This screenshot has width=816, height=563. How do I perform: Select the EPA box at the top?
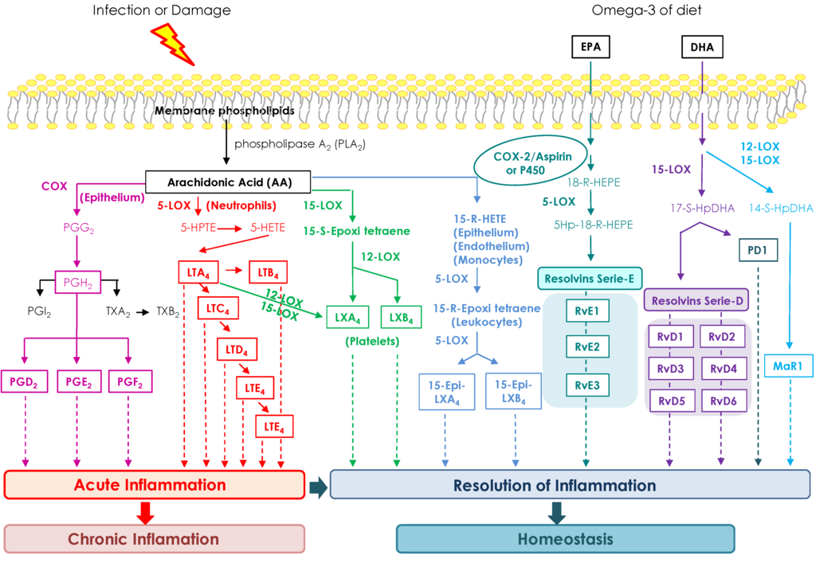[591, 48]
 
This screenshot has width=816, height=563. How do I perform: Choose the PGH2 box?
[76, 280]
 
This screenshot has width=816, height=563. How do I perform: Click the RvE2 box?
[586, 346]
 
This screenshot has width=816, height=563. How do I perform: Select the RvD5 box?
[670, 400]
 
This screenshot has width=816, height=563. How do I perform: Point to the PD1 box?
[758, 250]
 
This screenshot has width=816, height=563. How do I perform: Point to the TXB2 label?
[167, 311]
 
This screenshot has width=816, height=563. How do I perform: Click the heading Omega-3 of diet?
[641, 10]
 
